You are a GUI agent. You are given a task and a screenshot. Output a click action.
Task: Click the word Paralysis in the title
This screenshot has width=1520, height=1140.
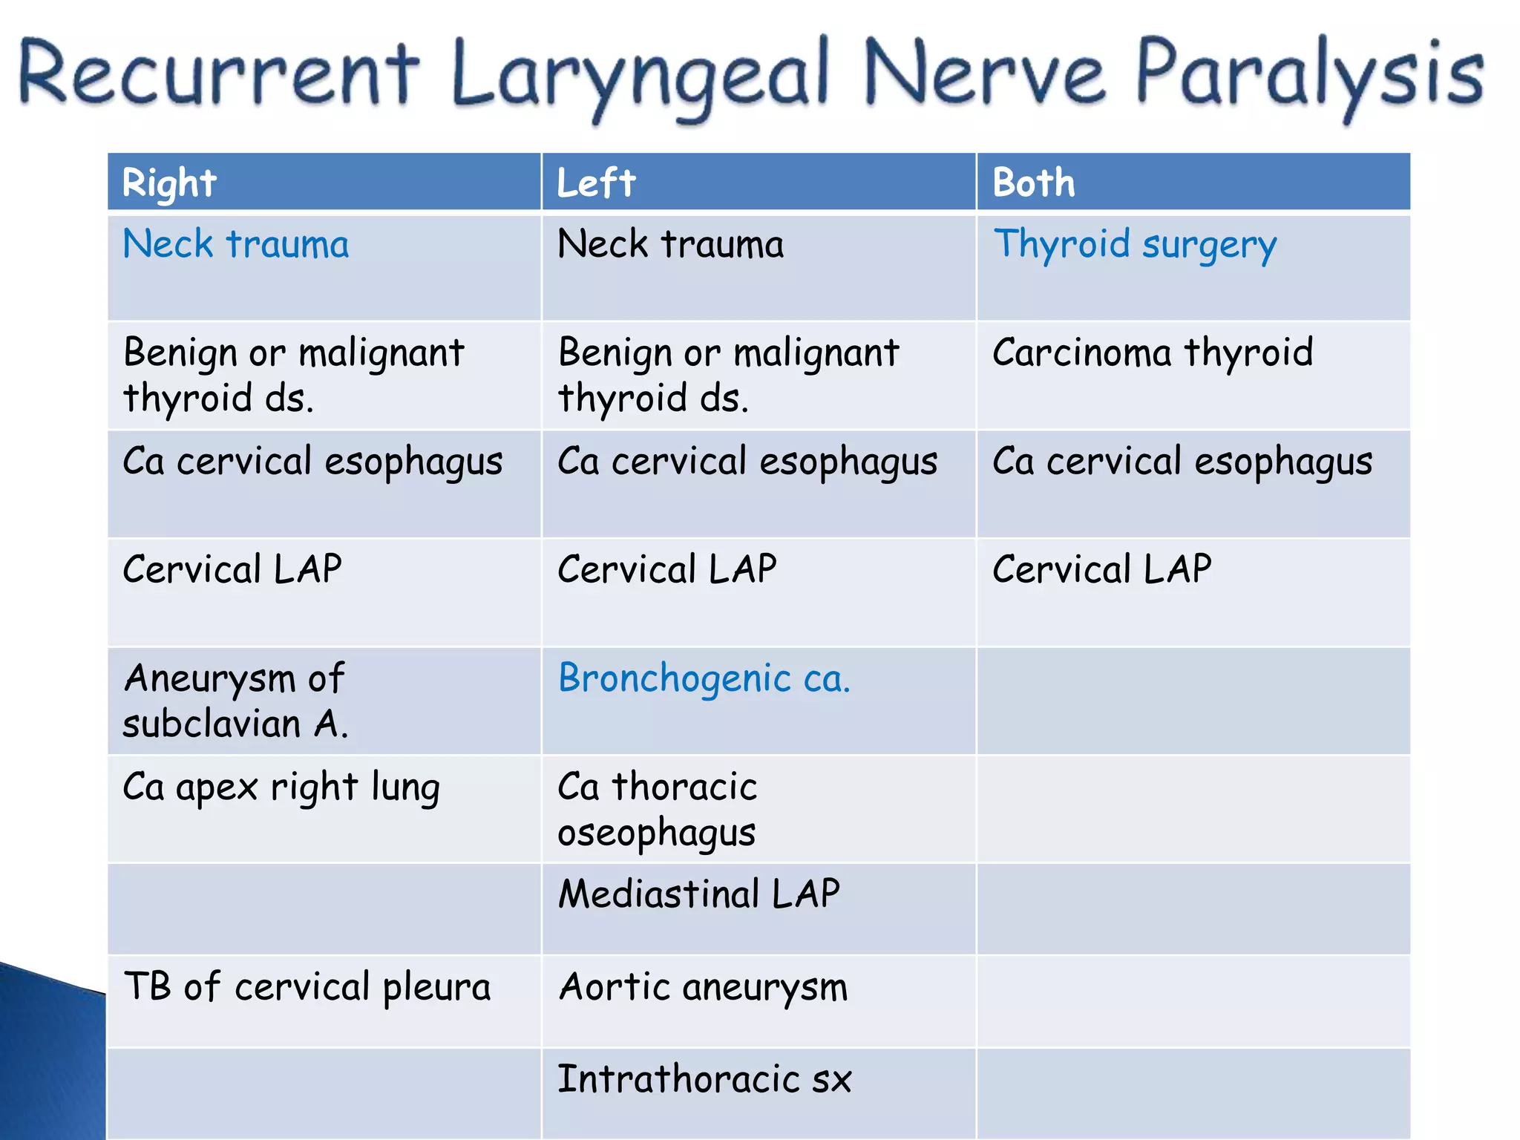(1309, 74)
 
